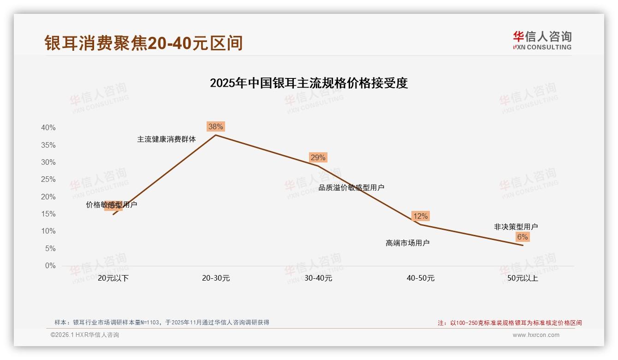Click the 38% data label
(x=215, y=126)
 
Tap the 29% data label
(x=318, y=157)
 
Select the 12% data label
(x=420, y=216)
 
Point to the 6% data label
(x=522, y=237)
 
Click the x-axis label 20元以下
(x=113, y=278)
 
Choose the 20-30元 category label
(x=216, y=278)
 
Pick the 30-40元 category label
(x=318, y=278)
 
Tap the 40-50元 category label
(x=421, y=278)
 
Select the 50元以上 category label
(x=523, y=278)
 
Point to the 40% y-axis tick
(x=48, y=128)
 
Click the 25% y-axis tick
(x=48, y=180)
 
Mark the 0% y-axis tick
(x=50, y=266)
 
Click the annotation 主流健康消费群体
(x=166, y=139)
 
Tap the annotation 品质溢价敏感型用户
(x=351, y=187)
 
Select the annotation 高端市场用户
(x=408, y=243)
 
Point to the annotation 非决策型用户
(x=516, y=227)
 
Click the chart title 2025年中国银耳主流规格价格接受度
(x=309, y=83)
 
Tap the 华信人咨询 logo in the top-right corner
(x=542, y=40)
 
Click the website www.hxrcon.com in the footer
(x=536, y=335)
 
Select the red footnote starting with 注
(x=510, y=323)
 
